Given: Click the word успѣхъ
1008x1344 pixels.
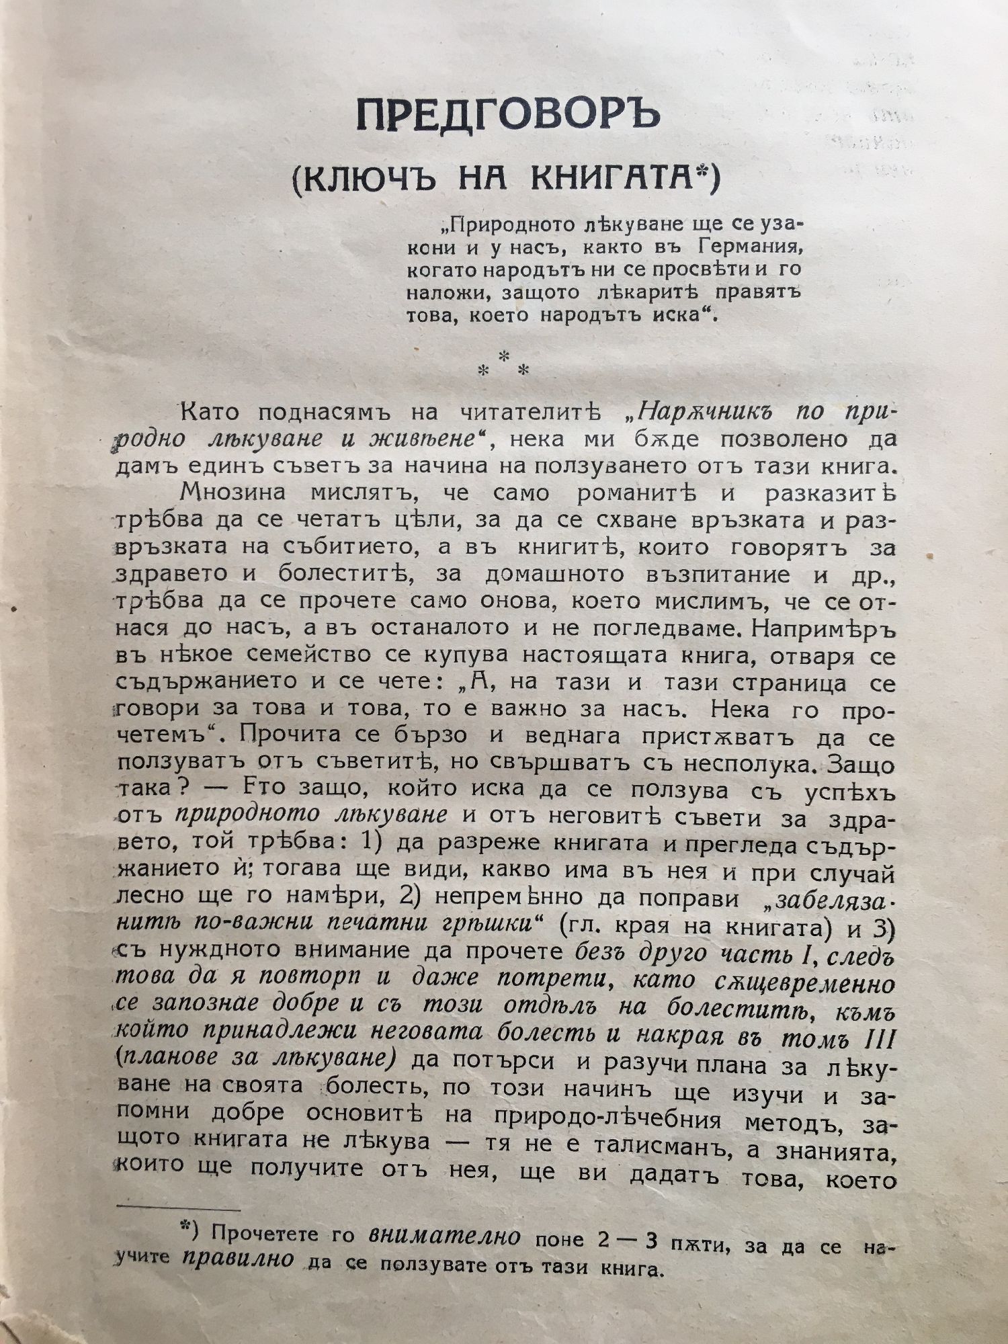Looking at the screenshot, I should tap(849, 792).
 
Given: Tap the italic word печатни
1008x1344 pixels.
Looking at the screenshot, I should tap(386, 925).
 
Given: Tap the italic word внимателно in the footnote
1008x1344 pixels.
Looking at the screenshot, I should tap(445, 1236).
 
